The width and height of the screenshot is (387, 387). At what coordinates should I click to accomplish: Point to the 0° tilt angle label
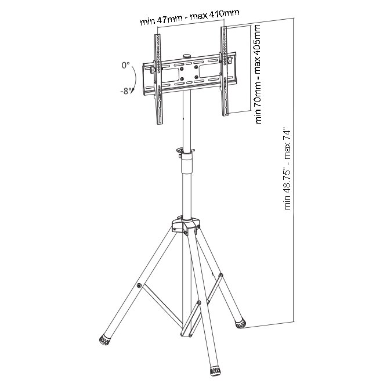[126, 66]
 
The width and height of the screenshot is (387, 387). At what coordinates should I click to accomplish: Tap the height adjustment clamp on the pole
[185, 153]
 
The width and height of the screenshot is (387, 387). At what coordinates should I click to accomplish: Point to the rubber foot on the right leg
[240, 322]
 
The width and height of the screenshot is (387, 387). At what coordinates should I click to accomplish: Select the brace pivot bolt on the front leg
[198, 303]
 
